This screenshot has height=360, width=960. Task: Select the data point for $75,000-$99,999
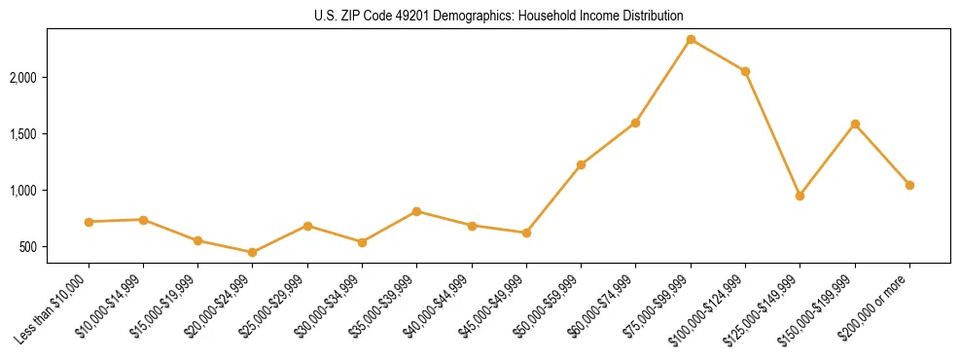pyautogui.click(x=691, y=40)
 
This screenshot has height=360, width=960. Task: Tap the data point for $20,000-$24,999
pyautogui.click(x=253, y=252)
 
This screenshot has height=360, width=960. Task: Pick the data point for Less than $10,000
pyautogui.click(x=89, y=222)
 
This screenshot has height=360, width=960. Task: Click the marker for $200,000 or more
pyautogui.click(x=909, y=185)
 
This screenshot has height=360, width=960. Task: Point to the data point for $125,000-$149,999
pyautogui.click(x=800, y=196)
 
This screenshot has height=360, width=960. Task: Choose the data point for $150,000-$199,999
pyautogui.click(x=855, y=124)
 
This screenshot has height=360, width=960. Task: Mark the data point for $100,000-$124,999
pyautogui.click(x=745, y=71)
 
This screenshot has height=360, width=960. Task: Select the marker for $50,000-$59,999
pyautogui.click(x=581, y=164)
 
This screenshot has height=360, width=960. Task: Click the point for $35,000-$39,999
pyautogui.click(x=416, y=211)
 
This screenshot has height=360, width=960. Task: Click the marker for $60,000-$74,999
pyautogui.click(x=635, y=123)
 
